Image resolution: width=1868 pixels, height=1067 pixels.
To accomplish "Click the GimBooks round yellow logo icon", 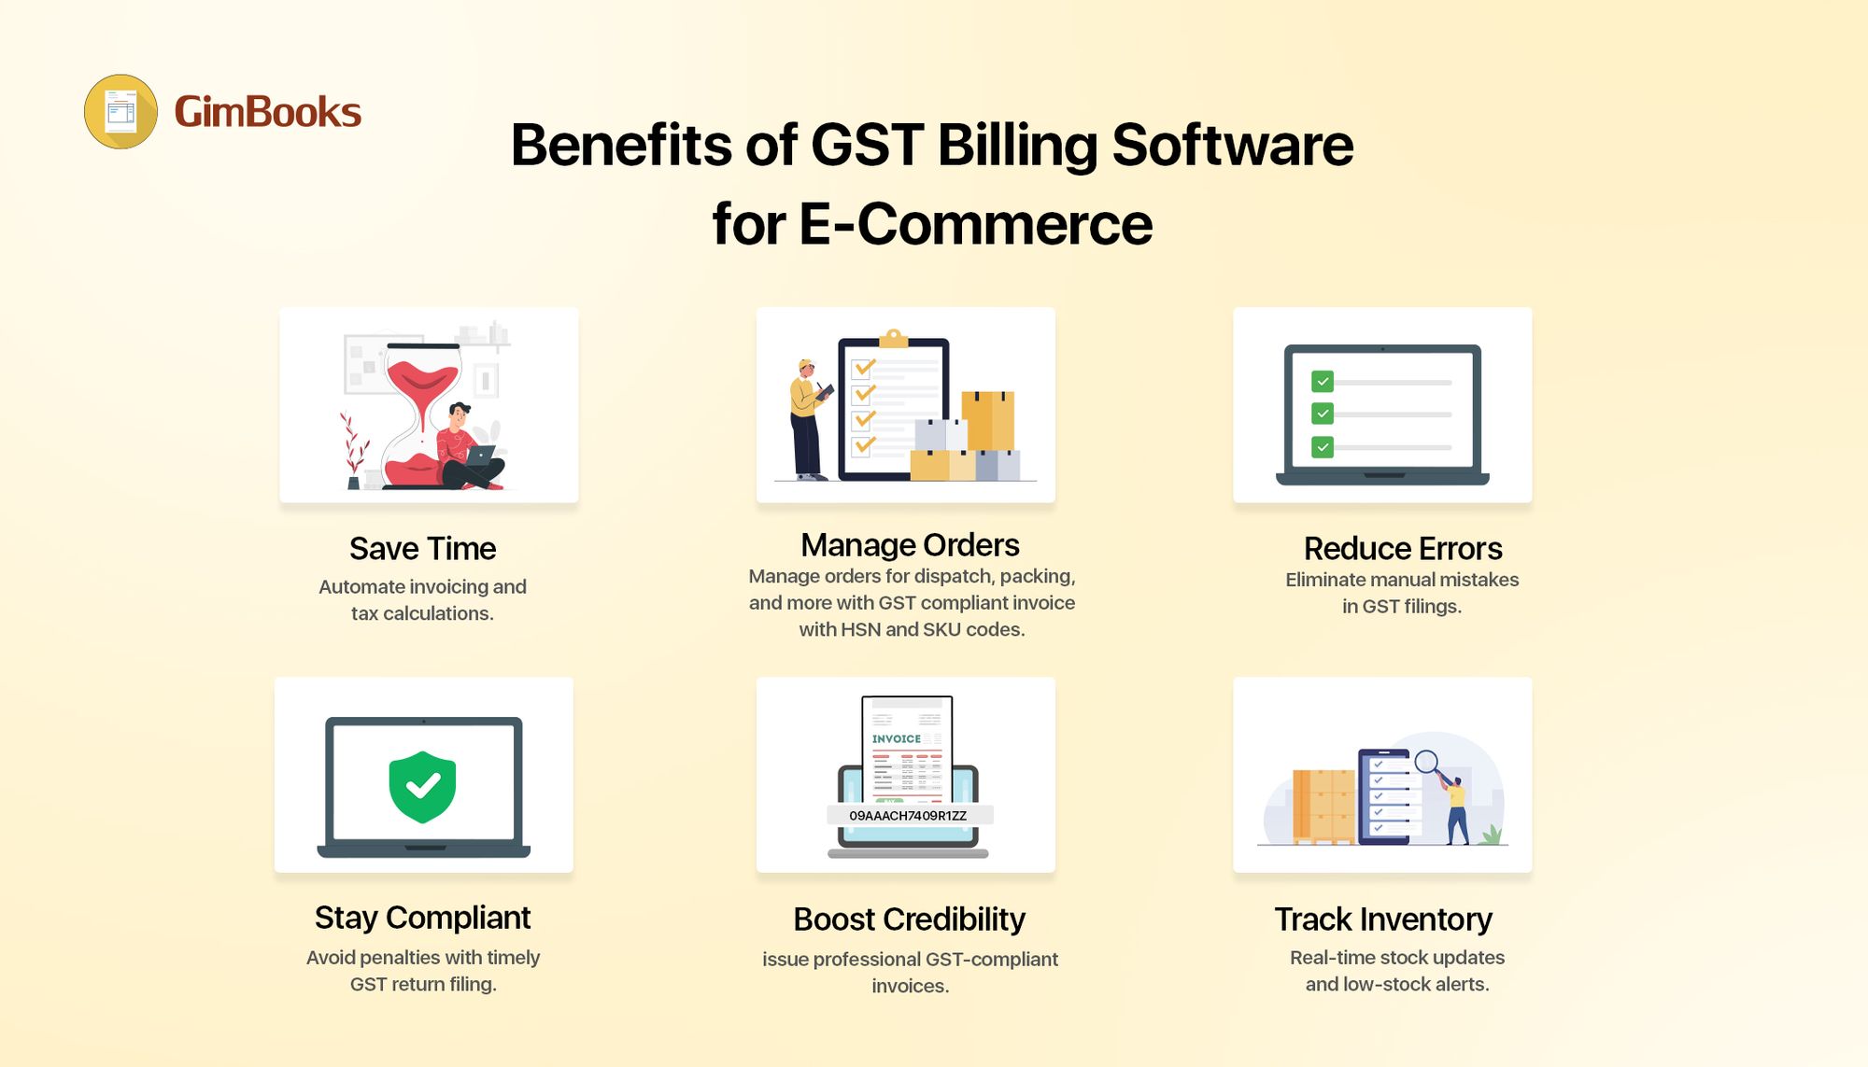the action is pyautogui.click(x=121, y=112).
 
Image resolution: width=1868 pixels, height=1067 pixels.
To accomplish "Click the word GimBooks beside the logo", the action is pyautogui.click(x=267, y=112).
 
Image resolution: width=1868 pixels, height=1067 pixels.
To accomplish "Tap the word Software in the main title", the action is pyautogui.click(x=1232, y=146).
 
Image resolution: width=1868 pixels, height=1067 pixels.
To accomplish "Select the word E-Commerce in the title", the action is pyautogui.click(x=975, y=225).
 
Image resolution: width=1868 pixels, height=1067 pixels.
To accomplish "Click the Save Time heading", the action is pyautogui.click(x=422, y=548).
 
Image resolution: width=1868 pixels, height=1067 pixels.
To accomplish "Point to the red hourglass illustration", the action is pyautogui.click(x=422, y=414).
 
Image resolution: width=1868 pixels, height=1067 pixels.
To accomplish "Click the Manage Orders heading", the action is pyautogui.click(x=910, y=544).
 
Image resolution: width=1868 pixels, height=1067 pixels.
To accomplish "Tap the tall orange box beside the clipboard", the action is pyautogui.click(x=988, y=421).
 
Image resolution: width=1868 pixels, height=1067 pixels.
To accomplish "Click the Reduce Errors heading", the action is pyautogui.click(x=1402, y=548).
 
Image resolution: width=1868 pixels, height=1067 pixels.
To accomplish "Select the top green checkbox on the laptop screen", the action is pyautogui.click(x=1322, y=381).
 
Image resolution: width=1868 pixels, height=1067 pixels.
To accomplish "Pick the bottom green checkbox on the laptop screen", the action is pyautogui.click(x=1322, y=447).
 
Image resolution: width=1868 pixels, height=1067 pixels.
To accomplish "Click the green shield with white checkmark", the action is pyautogui.click(x=422, y=787).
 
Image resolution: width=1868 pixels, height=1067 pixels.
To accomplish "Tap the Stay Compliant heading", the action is pyautogui.click(x=422, y=918).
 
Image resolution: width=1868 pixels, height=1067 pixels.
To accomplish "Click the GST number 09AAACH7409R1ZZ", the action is pyautogui.click(x=908, y=816).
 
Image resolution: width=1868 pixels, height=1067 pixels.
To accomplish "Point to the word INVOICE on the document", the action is pyautogui.click(x=896, y=738).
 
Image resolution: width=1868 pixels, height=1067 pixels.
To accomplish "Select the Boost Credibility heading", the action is pyautogui.click(x=909, y=920).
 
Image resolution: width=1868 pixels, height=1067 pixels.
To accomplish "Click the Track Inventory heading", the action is pyautogui.click(x=1383, y=920).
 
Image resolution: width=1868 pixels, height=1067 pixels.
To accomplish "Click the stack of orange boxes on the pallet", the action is pyautogui.click(x=1323, y=805).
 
